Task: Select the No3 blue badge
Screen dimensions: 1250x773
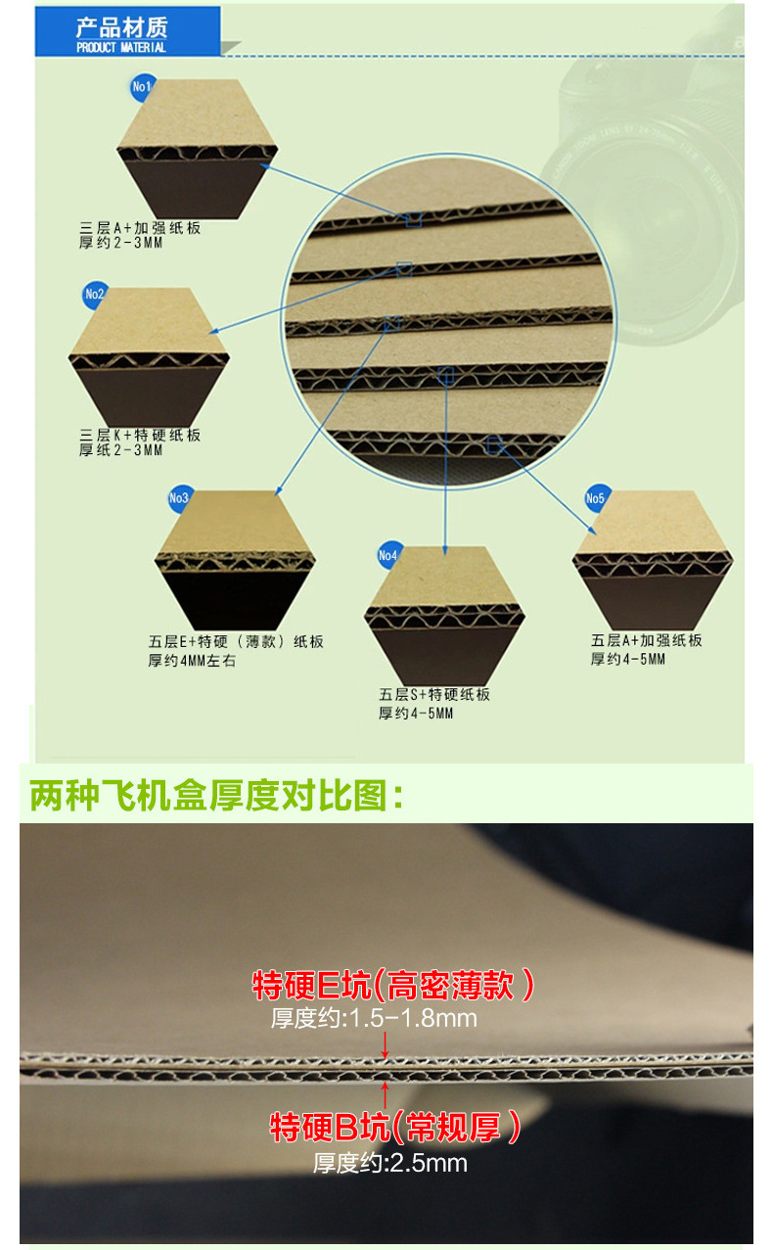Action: click(179, 498)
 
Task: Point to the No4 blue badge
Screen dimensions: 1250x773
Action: click(388, 556)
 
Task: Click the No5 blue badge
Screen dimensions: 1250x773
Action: click(596, 498)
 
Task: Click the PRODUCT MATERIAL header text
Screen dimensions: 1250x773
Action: click(121, 47)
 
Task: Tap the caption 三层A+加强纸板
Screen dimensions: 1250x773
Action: click(140, 228)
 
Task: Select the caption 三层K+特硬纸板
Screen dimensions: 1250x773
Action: click(140, 435)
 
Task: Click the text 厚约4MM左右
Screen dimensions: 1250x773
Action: click(193, 661)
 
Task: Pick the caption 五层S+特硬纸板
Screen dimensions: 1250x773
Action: click(434, 695)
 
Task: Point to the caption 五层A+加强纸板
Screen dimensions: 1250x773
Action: click(647, 641)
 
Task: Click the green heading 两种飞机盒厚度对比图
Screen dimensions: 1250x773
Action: click(217, 796)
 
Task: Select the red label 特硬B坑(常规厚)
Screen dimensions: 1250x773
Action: click(394, 1127)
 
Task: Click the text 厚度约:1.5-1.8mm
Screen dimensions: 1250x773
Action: click(374, 1018)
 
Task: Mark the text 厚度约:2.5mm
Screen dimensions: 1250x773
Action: click(389, 1163)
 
